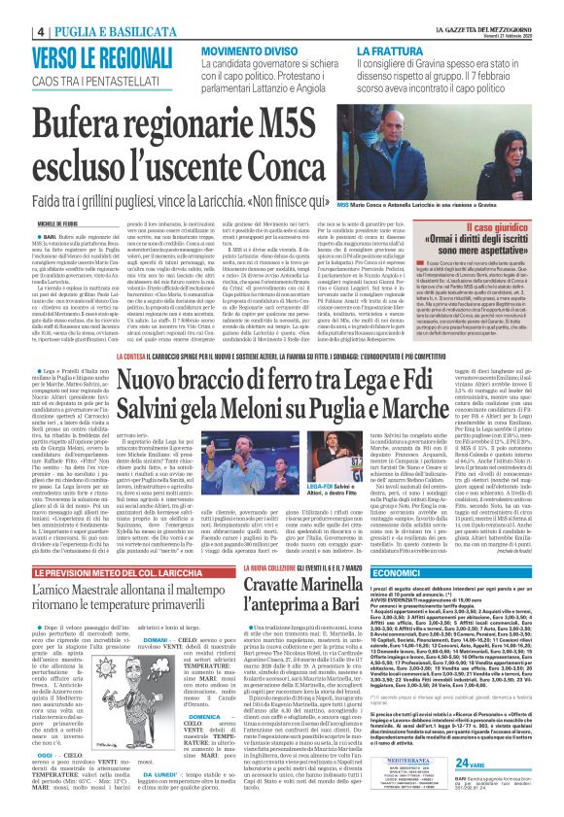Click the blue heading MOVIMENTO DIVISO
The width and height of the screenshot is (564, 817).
tap(249, 49)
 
